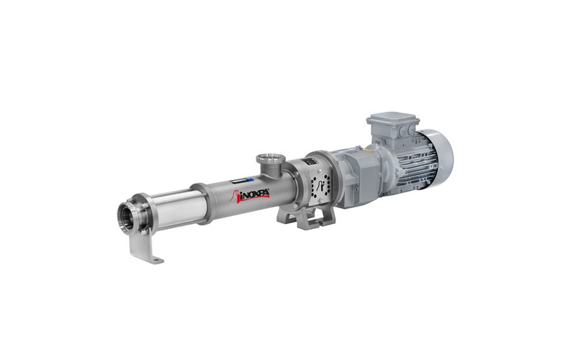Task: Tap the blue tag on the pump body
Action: pyautogui.click(x=249, y=179)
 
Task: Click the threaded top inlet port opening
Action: pyautogui.click(x=271, y=159)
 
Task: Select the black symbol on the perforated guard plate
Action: pyautogui.click(x=320, y=186)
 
